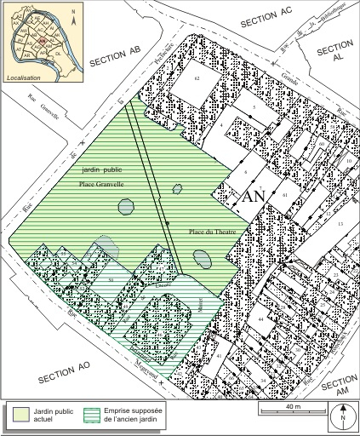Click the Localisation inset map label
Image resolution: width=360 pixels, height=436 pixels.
pos(24,77)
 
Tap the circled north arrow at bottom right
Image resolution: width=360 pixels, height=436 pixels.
pos(341,416)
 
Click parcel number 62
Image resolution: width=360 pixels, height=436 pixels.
pos(196,78)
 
